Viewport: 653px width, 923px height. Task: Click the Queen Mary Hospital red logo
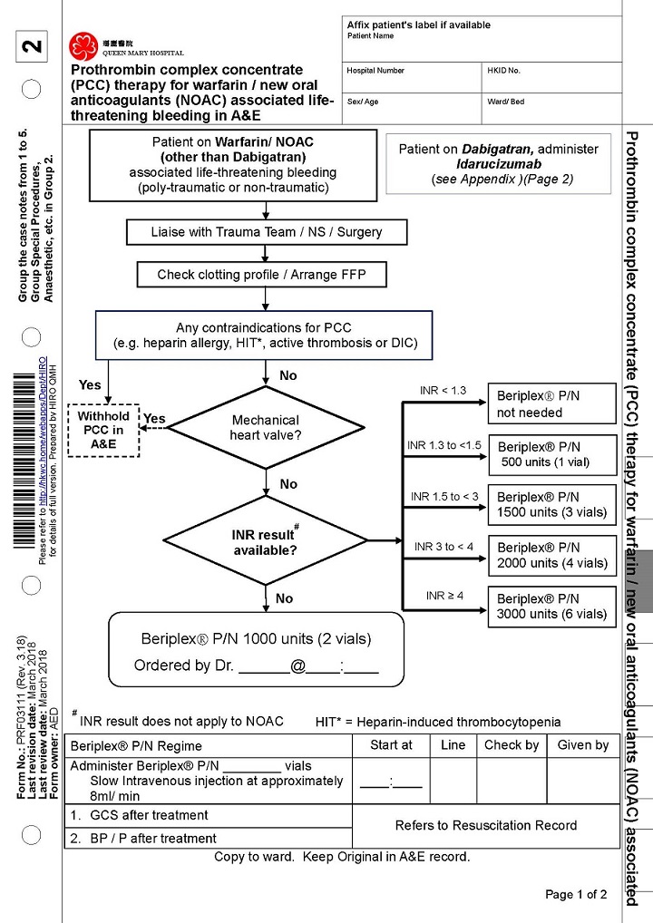pos(83,44)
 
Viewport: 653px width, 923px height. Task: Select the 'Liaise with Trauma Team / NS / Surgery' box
pos(266,232)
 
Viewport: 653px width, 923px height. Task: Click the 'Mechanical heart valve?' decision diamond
pos(265,428)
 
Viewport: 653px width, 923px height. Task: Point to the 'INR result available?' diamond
pos(265,541)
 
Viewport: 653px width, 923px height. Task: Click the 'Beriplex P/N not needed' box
pos(552,404)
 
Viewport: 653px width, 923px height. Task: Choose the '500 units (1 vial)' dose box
pos(552,455)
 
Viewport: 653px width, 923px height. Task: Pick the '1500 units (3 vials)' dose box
pos(552,505)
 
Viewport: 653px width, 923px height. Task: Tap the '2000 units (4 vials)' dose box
pos(552,556)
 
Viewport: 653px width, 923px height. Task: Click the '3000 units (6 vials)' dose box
pos(552,607)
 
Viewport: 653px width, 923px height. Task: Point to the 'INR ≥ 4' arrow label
pos(444,596)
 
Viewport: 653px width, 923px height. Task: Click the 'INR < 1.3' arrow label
pos(443,391)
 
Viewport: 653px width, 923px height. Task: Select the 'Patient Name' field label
pos(370,36)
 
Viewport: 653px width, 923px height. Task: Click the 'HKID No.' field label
pos(502,71)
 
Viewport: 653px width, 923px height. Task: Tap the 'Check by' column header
pos(511,745)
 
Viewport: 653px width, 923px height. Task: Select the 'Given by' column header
pos(582,745)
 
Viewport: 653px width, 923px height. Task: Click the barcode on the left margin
pos(23,461)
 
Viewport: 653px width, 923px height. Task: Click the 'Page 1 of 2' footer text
pos(576,895)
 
